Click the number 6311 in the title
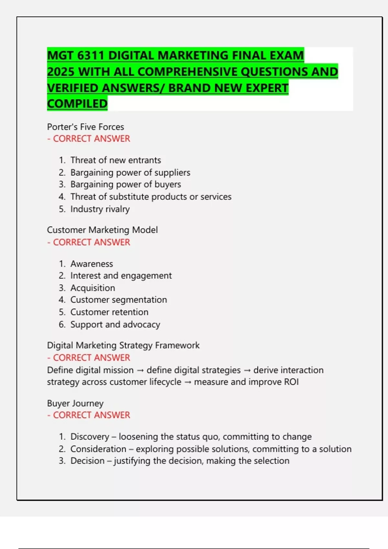point(90,56)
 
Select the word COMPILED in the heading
point(77,104)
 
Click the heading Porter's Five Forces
point(85,127)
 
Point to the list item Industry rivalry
point(100,209)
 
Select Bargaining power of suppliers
point(130,173)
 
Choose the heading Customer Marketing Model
point(102,230)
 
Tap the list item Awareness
point(92,264)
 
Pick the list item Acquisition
point(92,288)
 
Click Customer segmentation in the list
point(118,300)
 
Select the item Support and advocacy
point(115,325)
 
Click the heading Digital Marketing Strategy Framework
point(123,346)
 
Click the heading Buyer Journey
point(75,403)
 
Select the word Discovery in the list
point(90,437)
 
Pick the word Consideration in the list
point(98,449)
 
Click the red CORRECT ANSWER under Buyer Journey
point(91,415)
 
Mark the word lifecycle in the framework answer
point(165,382)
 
